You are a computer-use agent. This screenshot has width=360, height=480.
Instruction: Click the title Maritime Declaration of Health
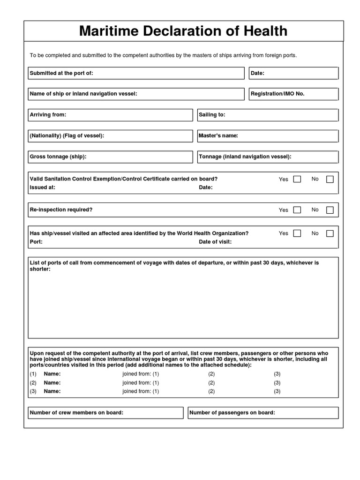pyautogui.click(x=183, y=31)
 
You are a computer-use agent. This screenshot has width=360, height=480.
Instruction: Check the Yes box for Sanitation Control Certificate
pyautogui.click(x=297, y=180)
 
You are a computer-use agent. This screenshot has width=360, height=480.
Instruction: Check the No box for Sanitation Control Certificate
pyautogui.click(x=330, y=180)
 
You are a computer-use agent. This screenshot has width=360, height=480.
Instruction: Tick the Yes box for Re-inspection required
pyautogui.click(x=297, y=210)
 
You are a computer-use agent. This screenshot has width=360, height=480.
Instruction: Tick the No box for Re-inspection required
pyautogui.click(x=330, y=210)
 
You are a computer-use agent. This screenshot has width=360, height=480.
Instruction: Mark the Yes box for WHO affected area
pyautogui.click(x=297, y=233)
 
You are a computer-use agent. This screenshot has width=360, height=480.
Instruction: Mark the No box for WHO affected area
pyautogui.click(x=330, y=233)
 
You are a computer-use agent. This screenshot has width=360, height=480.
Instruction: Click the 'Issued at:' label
pyautogui.click(x=43, y=187)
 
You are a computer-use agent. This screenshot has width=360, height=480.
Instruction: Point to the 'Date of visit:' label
pyautogui.click(x=215, y=242)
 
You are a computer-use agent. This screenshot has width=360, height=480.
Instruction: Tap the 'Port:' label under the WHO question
pyautogui.click(x=37, y=242)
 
